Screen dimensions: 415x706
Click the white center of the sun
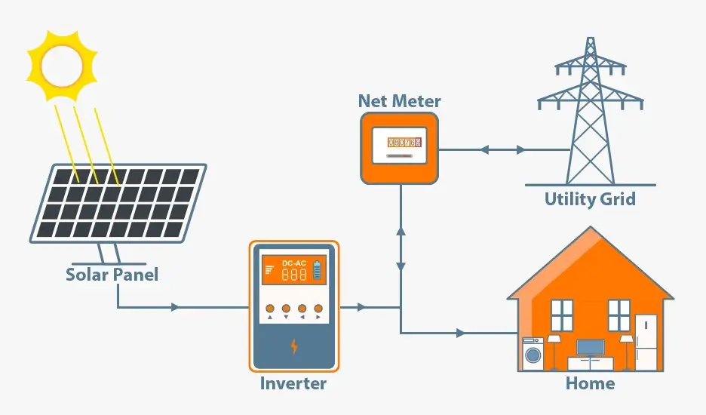pos(62,66)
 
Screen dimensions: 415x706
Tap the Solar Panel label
pos(112,274)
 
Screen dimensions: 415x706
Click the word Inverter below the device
pos(293,383)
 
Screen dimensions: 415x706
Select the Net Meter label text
pos(399,101)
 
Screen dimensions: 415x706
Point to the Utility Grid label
pos(590,199)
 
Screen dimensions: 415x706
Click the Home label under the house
pos(590,383)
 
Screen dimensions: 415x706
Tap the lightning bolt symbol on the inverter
pos(294,346)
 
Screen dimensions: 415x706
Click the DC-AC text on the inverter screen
pos(293,263)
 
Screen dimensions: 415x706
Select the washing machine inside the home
pos(533,354)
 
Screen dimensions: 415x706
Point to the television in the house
pos(590,348)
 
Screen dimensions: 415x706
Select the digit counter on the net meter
pos(399,142)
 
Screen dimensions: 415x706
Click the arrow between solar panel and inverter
pos(176,307)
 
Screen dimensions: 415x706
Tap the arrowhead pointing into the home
pos(460,332)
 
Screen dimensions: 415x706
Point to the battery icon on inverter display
pos(318,269)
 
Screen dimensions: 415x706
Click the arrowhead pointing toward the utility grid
pos(520,149)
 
